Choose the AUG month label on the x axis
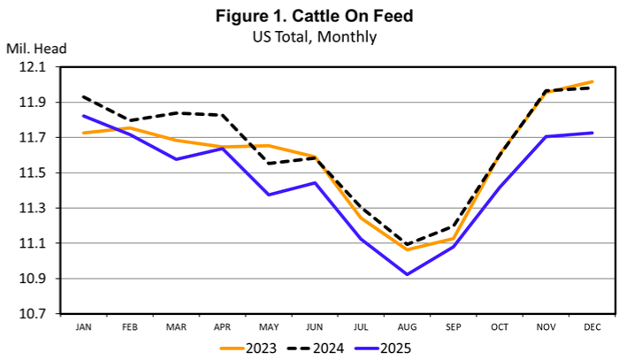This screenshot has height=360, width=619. (407, 326)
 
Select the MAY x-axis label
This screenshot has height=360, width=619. (268, 326)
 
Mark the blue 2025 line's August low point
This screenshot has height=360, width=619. (407, 274)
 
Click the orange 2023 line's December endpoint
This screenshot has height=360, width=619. (592, 81)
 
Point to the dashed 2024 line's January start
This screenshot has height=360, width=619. (82, 96)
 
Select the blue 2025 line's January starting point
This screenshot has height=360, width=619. (82, 116)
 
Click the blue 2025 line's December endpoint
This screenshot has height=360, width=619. (592, 133)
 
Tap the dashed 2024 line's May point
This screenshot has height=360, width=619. (268, 164)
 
